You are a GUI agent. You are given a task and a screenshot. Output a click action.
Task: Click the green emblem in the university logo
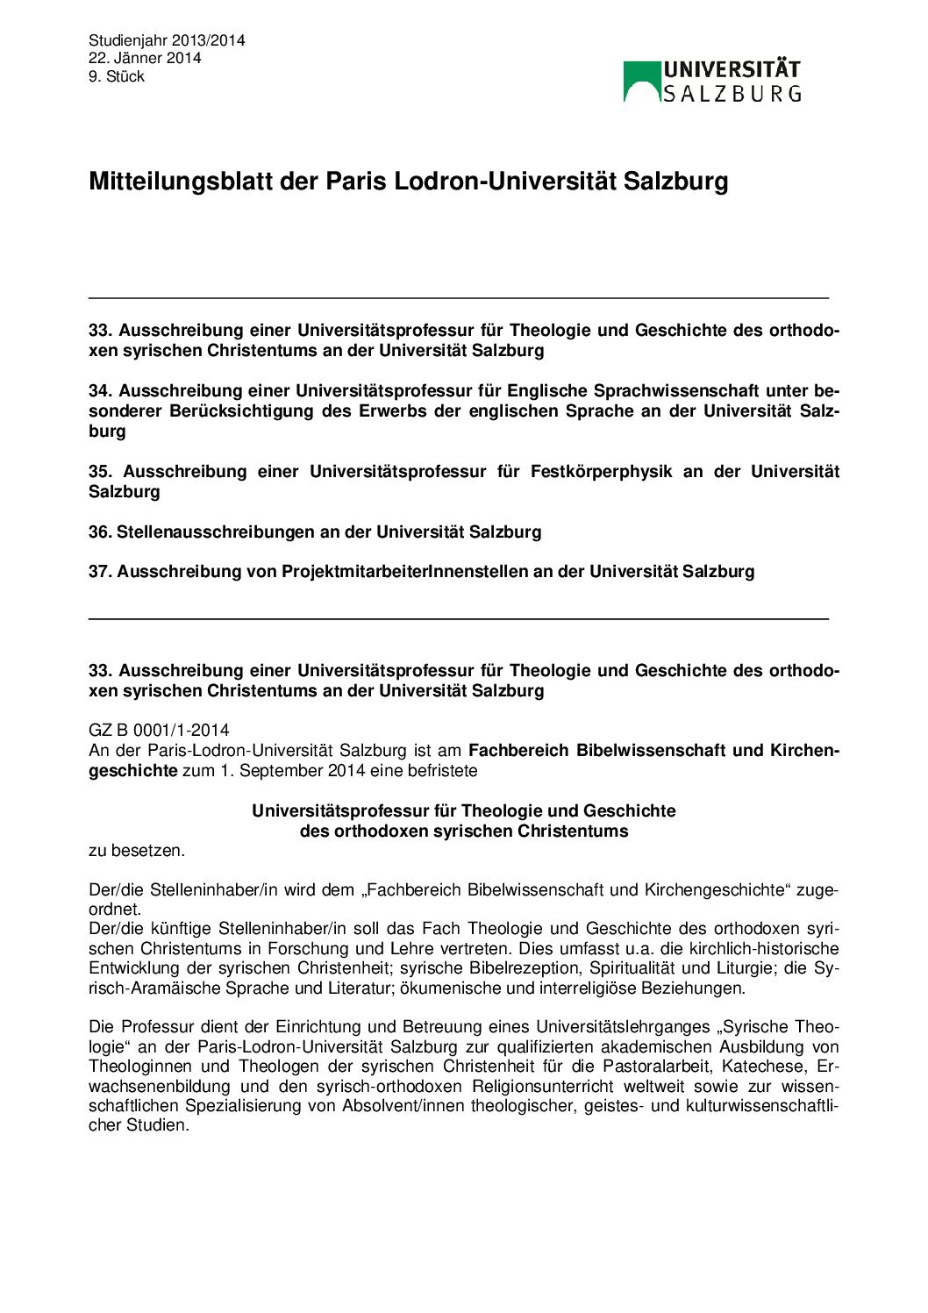coord(641,81)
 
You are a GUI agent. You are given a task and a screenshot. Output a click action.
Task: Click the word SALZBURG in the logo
coord(732,94)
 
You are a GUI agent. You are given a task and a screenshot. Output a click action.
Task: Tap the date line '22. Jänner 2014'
coord(145,58)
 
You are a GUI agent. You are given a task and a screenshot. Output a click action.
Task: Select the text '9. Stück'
coord(117,76)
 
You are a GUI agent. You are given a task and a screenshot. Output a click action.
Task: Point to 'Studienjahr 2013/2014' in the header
coord(167,40)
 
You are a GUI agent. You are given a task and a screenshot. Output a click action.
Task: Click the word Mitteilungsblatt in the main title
coord(181,182)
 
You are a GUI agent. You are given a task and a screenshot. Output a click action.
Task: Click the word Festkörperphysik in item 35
coord(601,471)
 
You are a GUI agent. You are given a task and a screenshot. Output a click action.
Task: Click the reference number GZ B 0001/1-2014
coord(159,730)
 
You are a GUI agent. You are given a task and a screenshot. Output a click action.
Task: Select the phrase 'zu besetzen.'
coord(136,850)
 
